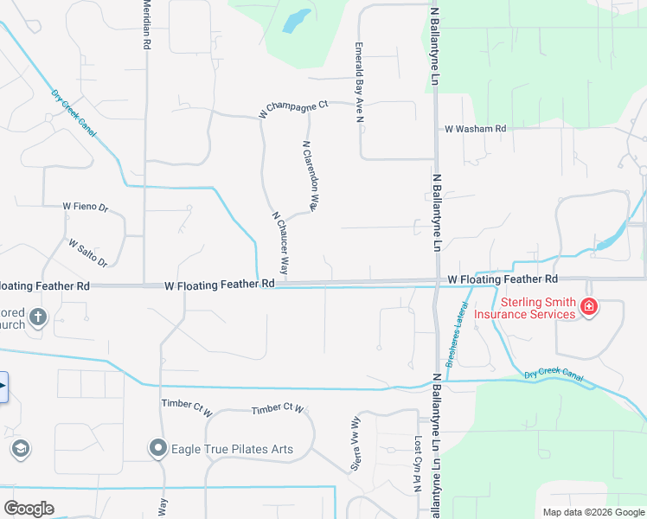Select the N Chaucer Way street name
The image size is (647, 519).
(x=280, y=245)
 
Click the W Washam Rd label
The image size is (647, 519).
(x=475, y=129)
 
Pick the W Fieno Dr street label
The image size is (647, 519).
(x=85, y=208)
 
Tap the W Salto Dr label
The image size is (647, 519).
(x=87, y=253)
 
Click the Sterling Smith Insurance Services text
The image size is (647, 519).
(x=537, y=308)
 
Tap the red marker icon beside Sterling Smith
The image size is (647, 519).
(x=588, y=307)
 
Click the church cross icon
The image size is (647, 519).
(x=37, y=317)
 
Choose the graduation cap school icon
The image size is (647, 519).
(x=21, y=448)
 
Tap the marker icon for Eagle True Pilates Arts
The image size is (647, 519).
(x=157, y=448)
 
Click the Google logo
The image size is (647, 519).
(x=29, y=508)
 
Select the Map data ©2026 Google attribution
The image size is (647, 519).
(x=593, y=512)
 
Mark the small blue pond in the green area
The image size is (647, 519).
(x=297, y=19)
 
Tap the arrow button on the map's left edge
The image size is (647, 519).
(x=3, y=387)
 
